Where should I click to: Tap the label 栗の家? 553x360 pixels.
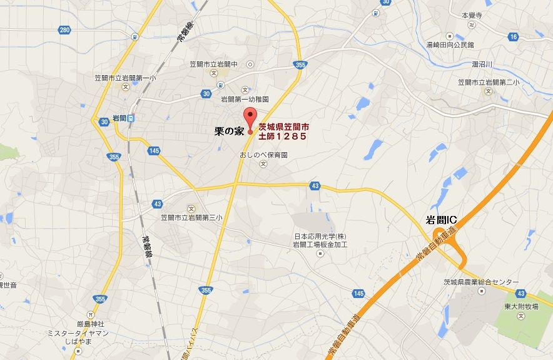tap(229, 131)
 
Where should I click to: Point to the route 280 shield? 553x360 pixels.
tap(64, 29)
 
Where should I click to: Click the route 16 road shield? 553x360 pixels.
tap(513, 37)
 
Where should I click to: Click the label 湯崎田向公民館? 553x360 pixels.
tap(450, 45)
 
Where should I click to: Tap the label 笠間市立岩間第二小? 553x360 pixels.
tap(490, 82)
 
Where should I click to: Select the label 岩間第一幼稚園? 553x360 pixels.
tap(245, 99)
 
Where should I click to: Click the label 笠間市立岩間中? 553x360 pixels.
tap(214, 64)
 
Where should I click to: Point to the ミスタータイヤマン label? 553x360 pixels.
tap(78, 333)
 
